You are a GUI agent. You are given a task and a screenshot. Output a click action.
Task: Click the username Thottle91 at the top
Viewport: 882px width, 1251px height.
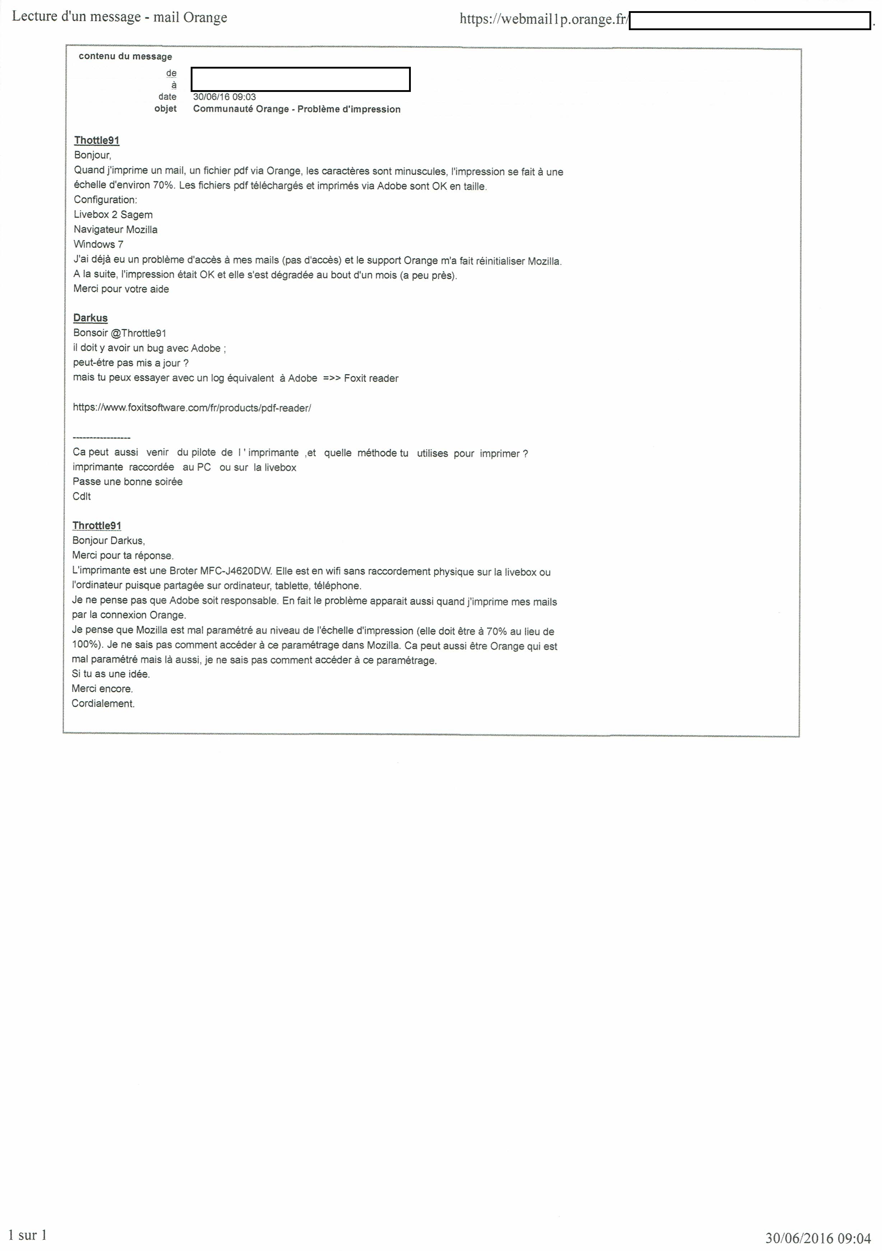tap(97, 140)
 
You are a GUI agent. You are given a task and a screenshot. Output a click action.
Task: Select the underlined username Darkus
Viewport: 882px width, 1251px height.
tap(90, 318)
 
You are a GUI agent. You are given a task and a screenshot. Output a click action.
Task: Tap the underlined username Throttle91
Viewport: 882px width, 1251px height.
tap(97, 526)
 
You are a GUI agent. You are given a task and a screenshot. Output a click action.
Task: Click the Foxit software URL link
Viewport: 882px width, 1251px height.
tap(192, 408)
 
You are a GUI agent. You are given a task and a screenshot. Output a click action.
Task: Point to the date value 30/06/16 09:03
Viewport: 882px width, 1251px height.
tap(224, 97)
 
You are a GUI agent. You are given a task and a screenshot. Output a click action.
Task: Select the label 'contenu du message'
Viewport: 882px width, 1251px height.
tap(125, 57)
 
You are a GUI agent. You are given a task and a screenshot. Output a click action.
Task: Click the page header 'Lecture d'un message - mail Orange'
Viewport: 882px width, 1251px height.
tap(119, 17)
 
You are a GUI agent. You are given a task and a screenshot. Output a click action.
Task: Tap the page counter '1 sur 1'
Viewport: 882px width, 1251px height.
tap(28, 1234)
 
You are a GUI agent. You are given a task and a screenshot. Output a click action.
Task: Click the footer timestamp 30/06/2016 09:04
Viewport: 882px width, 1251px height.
tap(818, 1238)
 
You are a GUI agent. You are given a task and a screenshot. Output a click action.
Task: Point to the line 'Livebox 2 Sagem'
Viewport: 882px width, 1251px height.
tap(113, 215)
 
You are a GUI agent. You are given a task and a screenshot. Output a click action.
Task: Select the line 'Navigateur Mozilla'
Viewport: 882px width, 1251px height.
tap(116, 230)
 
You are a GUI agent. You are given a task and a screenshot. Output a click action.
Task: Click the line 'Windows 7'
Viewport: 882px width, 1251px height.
tap(99, 245)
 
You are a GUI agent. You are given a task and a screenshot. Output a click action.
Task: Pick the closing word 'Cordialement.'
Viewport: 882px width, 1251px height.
tap(103, 703)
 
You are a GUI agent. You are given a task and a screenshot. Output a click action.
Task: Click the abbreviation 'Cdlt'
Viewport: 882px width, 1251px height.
tap(82, 496)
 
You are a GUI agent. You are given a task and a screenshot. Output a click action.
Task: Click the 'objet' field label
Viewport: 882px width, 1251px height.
tap(166, 109)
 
